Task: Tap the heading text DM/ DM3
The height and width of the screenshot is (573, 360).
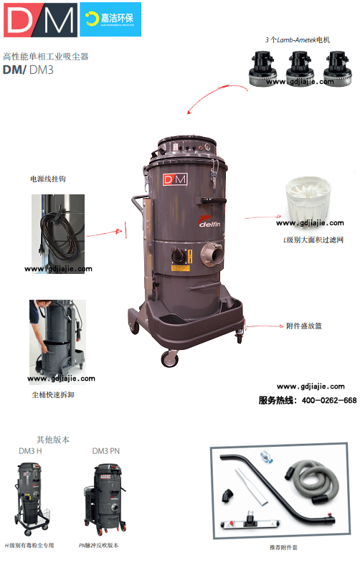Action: (x=29, y=70)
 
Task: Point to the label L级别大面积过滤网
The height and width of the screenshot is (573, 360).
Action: (x=313, y=240)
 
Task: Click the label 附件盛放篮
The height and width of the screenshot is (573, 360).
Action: (x=304, y=326)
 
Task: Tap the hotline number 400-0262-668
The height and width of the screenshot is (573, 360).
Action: (x=328, y=400)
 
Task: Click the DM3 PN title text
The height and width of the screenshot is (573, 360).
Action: (x=106, y=451)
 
